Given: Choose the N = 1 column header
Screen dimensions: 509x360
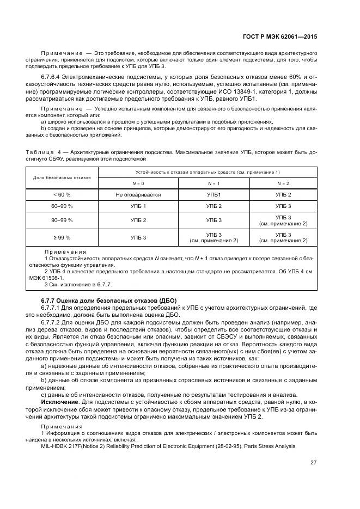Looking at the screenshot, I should point(214,183).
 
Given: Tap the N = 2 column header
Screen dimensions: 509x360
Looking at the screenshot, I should point(283,183).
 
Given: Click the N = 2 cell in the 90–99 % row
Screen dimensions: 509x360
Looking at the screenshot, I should point(283,220).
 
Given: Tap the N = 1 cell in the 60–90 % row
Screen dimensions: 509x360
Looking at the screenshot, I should point(214,206).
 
